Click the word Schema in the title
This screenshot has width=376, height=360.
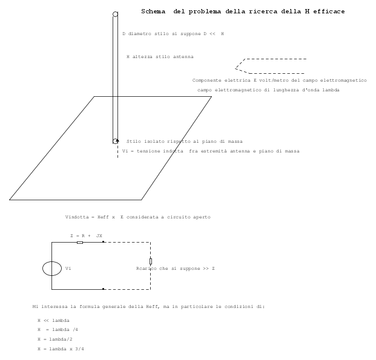[153, 11]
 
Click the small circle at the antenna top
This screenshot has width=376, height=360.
[115, 14]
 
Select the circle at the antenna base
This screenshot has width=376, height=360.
[115, 141]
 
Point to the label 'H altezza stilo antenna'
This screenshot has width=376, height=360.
[160, 57]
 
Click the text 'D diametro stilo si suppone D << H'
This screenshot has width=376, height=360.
[173, 34]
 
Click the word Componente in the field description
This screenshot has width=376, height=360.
[206, 80]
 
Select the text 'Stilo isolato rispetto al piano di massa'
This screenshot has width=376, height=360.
[185, 142]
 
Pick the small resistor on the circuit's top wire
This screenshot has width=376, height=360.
[80, 243]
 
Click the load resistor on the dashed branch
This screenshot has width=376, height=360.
[151, 261]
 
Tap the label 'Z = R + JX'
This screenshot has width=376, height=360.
[87, 236]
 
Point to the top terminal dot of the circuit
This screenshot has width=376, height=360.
[103, 242]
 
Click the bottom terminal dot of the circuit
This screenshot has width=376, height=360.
[103, 289]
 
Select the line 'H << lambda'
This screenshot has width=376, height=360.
[53, 321]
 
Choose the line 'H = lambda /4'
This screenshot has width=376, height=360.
[58, 330]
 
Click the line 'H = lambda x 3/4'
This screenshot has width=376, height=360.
[61, 349]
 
